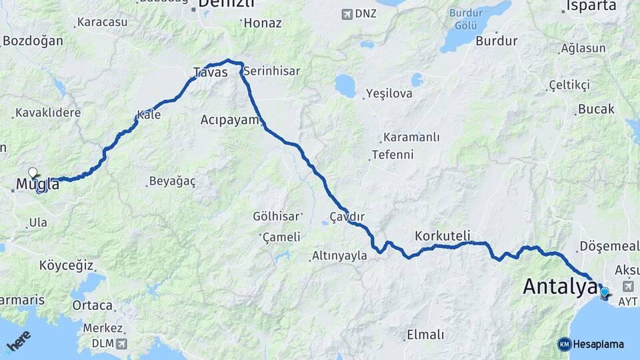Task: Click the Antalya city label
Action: [559, 287]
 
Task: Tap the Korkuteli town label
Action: [442, 235]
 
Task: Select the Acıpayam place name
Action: [229, 120]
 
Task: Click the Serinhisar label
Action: [271, 71]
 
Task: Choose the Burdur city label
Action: [497, 41]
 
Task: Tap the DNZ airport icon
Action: [347, 14]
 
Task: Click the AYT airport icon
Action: [628, 286]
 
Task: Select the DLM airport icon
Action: [121, 343]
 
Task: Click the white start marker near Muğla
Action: [32, 173]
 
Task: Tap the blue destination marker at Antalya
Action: [604, 291]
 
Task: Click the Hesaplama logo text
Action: [599, 344]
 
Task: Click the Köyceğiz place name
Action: [66, 265]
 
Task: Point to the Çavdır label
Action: [347, 217]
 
